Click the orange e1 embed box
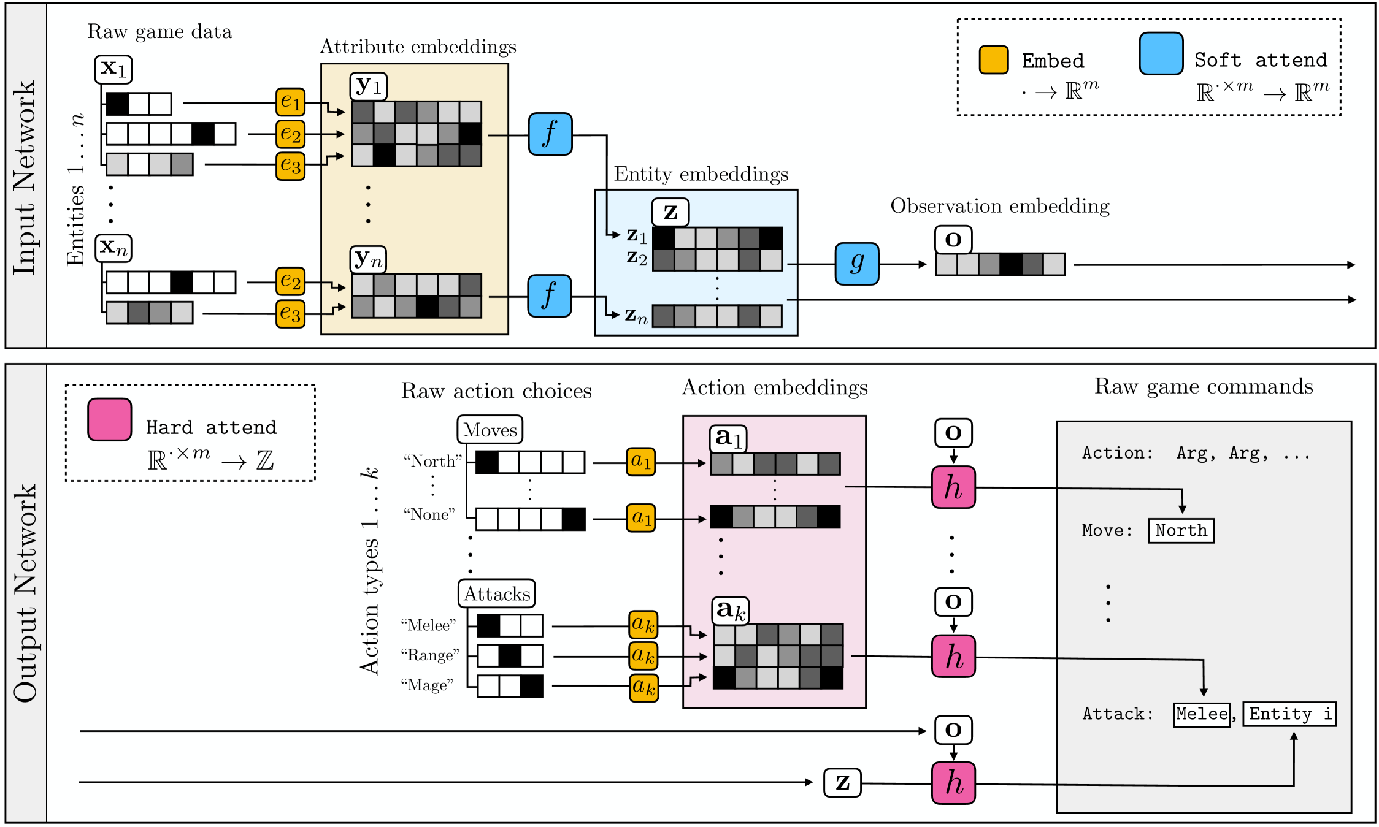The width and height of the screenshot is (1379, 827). pyautogui.click(x=290, y=102)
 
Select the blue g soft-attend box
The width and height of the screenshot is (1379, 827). pyautogui.click(x=856, y=264)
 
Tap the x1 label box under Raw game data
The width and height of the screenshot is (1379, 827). pyautogui.click(x=113, y=69)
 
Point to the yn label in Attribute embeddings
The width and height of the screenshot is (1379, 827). pyautogui.click(x=368, y=259)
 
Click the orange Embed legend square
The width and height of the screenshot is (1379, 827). pyautogui.click(x=993, y=60)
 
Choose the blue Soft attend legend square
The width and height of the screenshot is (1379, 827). pyautogui.click(x=1161, y=54)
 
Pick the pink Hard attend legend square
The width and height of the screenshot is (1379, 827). pyautogui.click(x=110, y=420)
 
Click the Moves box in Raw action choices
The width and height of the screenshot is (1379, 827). pyautogui.click(x=490, y=430)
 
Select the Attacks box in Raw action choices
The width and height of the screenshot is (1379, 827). pyautogui.click(x=496, y=593)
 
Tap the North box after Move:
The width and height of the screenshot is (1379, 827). pyautogui.click(x=1181, y=530)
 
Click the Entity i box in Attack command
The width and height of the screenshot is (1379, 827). pyautogui.click(x=1289, y=714)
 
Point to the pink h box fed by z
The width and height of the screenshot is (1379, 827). pyautogui.click(x=953, y=783)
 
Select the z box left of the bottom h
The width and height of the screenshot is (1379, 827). pyautogui.click(x=842, y=783)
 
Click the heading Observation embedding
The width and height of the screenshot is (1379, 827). pyautogui.click(x=1000, y=206)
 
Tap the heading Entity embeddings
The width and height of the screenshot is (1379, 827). pyautogui.click(x=701, y=174)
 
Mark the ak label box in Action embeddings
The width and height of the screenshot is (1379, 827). pyautogui.click(x=730, y=610)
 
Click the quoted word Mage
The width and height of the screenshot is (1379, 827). pyautogui.click(x=427, y=685)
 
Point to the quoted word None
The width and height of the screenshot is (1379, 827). pyautogui.click(x=429, y=514)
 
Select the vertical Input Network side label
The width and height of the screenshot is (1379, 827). pyautogui.click(x=25, y=178)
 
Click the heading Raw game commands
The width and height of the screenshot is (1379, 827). pyautogui.click(x=1204, y=386)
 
